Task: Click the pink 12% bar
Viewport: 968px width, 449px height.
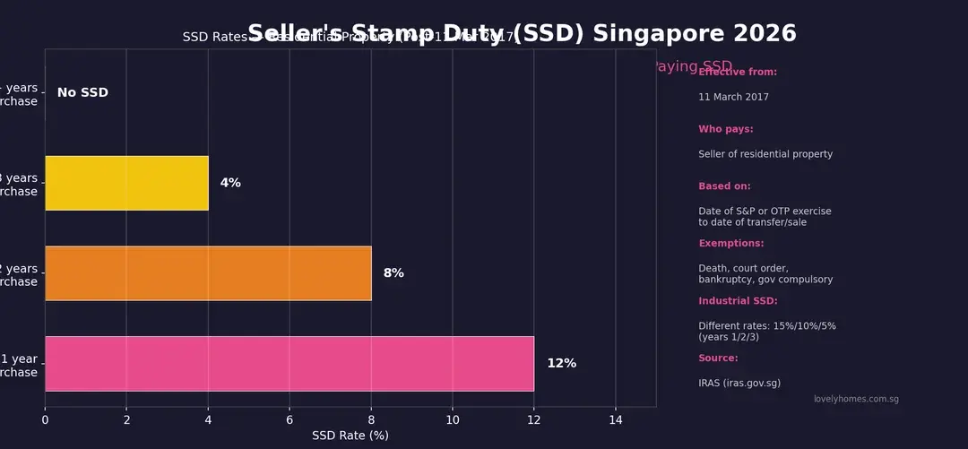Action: point(289,363)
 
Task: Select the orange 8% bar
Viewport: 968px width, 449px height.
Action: point(208,273)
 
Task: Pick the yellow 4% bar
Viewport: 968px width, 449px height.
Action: point(126,183)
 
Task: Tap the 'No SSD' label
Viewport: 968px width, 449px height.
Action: point(82,93)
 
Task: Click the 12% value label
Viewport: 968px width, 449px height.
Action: point(561,363)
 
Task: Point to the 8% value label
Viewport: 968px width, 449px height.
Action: point(393,273)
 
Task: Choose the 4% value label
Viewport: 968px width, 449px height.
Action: point(230,183)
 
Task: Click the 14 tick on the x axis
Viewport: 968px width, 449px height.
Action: point(615,419)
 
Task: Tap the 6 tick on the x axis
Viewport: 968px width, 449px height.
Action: point(290,419)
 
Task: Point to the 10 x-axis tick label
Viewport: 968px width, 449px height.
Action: point(452,419)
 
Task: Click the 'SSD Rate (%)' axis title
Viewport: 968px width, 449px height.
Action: point(350,436)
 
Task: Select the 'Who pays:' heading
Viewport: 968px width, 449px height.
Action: point(726,129)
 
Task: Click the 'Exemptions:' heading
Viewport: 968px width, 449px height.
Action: point(731,244)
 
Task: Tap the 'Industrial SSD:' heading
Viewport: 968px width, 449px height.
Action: point(738,301)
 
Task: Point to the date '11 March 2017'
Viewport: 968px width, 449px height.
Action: point(733,97)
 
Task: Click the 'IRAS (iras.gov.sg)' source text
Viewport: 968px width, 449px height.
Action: point(739,383)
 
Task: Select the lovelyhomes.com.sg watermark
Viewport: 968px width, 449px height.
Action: point(856,399)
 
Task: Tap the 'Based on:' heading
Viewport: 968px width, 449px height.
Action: point(724,186)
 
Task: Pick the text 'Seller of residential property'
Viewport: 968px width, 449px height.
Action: point(765,154)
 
